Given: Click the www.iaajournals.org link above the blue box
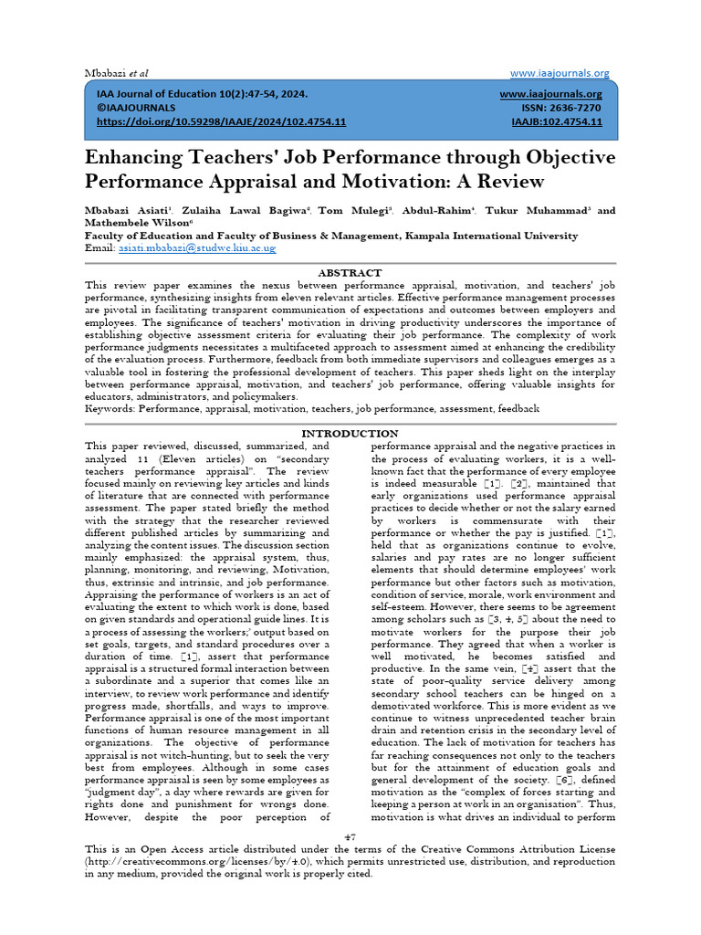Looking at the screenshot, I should tap(560, 73).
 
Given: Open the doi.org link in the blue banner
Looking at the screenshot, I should tap(221, 121).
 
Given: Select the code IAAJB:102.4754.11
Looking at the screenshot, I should tap(556, 121).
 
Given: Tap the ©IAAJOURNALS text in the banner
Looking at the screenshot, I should tap(136, 108).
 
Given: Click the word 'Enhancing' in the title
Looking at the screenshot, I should tap(150, 157).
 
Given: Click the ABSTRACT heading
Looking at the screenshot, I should tap(350, 272).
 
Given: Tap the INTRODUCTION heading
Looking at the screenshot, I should tap(350, 433).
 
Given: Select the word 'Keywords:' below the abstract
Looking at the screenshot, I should tap(110, 410).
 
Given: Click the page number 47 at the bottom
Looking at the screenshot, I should tap(350, 837).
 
